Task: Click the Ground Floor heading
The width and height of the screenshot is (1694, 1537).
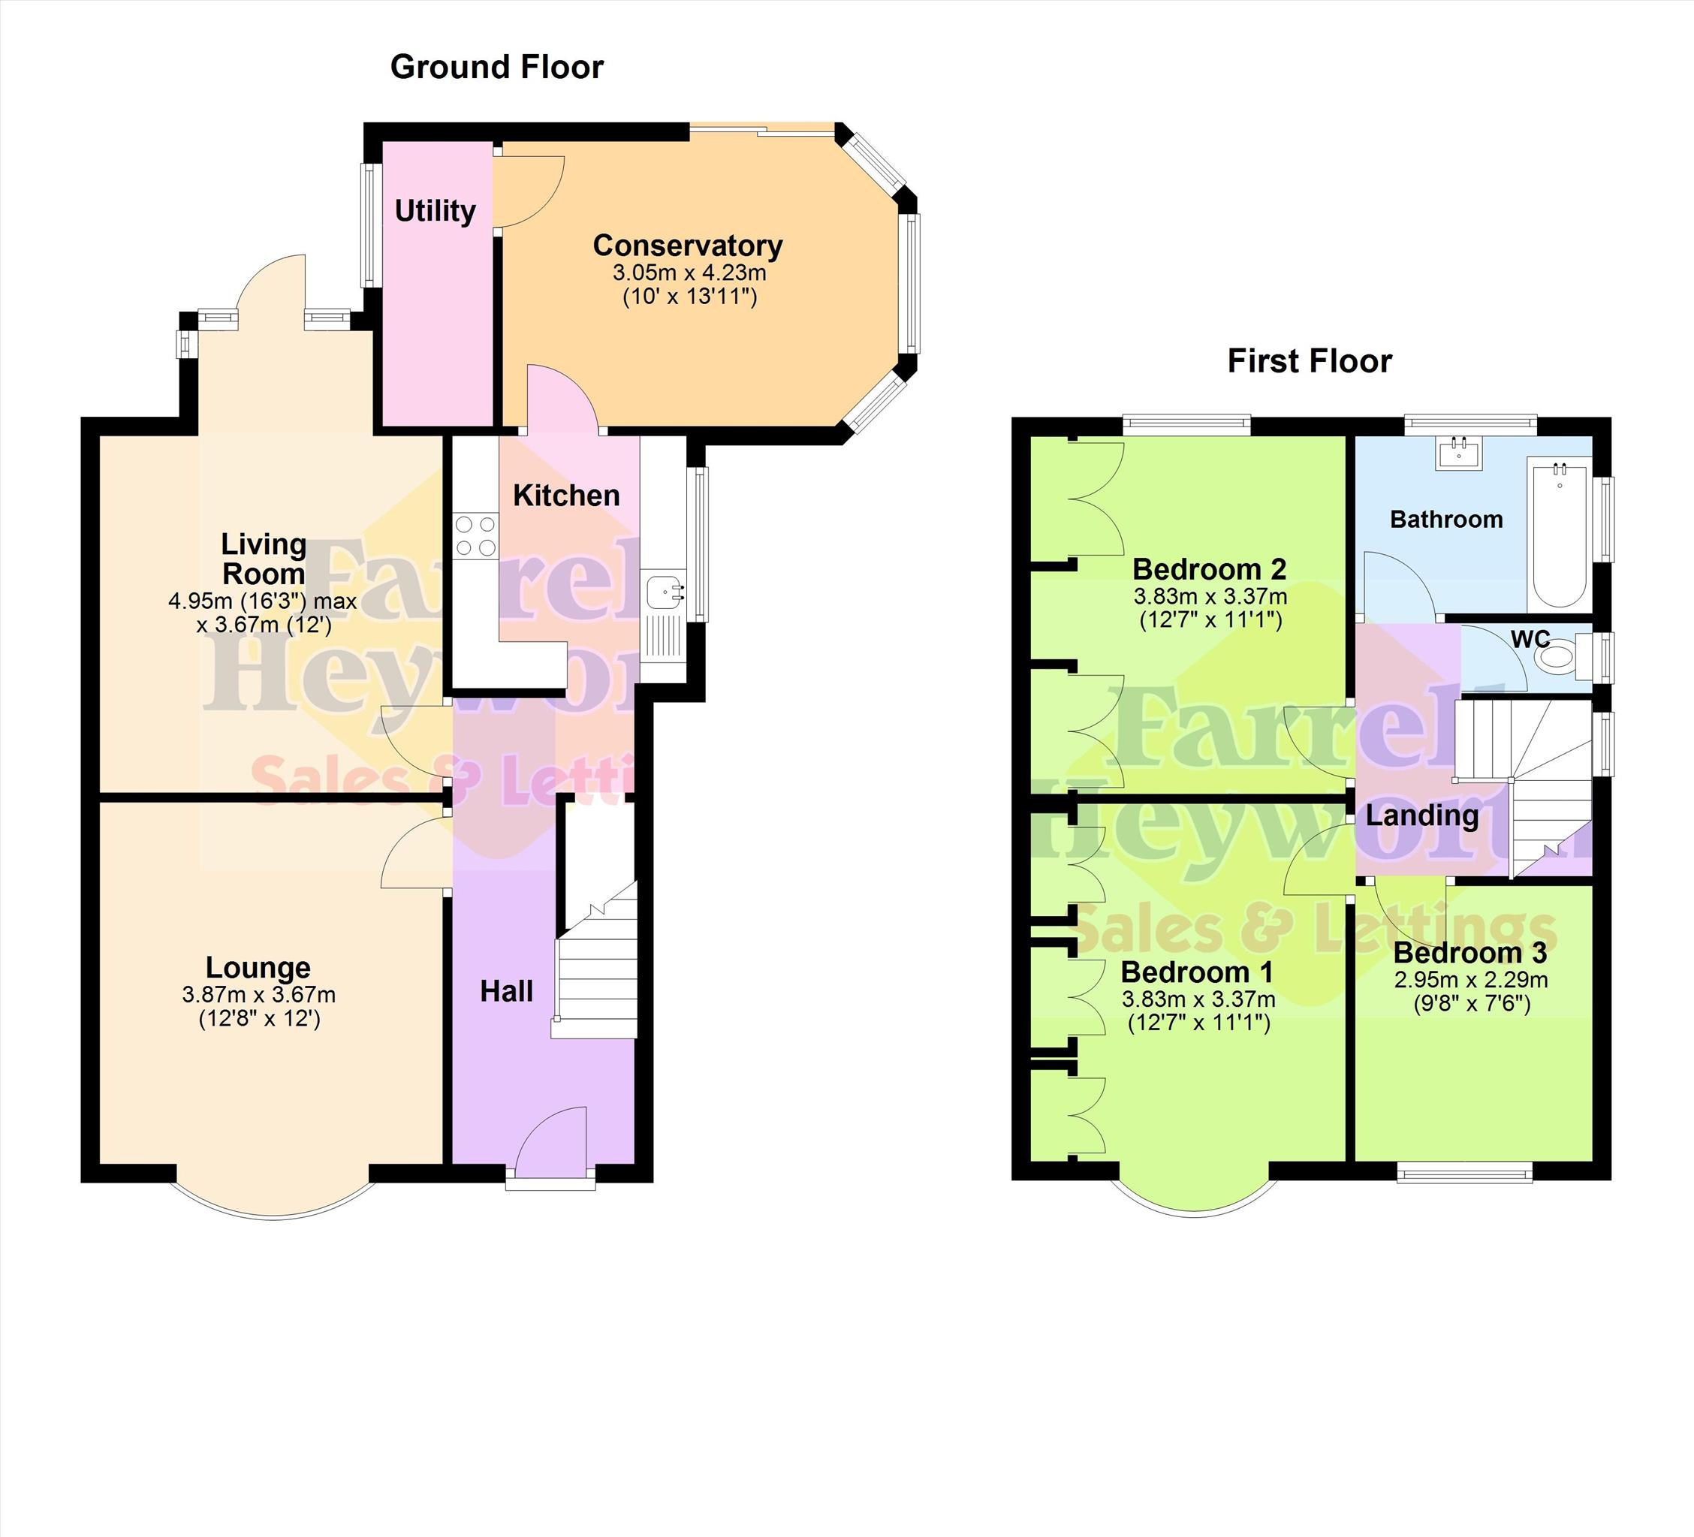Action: pyautogui.click(x=496, y=68)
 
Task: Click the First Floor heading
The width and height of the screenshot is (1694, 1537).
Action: pyautogui.click(x=1309, y=361)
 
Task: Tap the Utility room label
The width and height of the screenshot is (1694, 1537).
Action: pyautogui.click(x=436, y=210)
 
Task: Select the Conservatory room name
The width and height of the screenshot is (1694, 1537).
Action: pyautogui.click(x=687, y=246)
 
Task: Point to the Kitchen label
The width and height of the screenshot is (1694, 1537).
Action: pyautogui.click(x=566, y=496)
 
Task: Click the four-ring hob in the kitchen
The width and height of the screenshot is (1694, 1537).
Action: pyautogui.click(x=475, y=536)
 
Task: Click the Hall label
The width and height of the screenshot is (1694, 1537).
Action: pyautogui.click(x=507, y=992)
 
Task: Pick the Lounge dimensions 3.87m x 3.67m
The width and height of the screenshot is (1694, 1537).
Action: pyautogui.click(x=259, y=995)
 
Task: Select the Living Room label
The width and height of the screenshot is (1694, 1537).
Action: pyautogui.click(x=264, y=559)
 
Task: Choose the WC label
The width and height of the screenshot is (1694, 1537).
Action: pyautogui.click(x=1530, y=640)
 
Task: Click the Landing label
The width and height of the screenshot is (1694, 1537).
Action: pyautogui.click(x=1423, y=815)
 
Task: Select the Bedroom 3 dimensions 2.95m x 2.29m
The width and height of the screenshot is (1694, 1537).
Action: pyautogui.click(x=1471, y=980)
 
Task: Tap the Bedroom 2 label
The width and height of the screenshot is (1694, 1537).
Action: pyautogui.click(x=1209, y=570)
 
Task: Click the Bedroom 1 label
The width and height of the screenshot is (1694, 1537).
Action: pyautogui.click(x=1198, y=972)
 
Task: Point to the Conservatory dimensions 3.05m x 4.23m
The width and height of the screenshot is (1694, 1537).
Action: pyautogui.click(x=690, y=273)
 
